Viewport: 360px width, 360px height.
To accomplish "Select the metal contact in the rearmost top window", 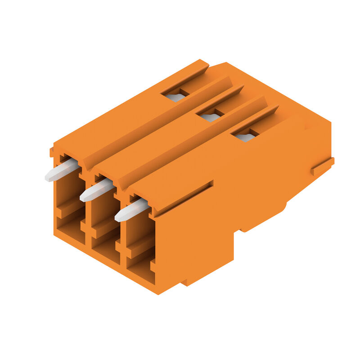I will [x=175, y=97].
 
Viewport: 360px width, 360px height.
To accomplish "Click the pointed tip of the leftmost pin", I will [x=47, y=178].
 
